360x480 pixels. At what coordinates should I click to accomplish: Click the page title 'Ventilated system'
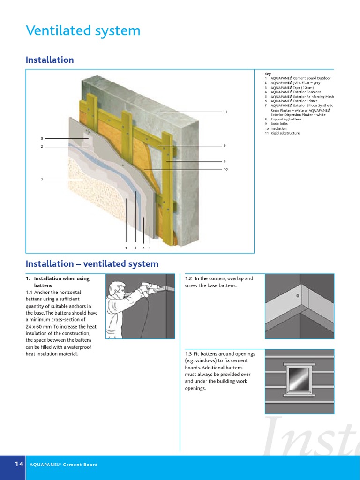point(83,31)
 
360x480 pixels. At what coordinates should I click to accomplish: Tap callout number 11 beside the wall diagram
point(225,112)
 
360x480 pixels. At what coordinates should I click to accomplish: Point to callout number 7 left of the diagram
point(42,180)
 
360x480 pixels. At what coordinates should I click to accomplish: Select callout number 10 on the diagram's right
point(225,169)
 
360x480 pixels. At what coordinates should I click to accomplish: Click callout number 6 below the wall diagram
point(126,247)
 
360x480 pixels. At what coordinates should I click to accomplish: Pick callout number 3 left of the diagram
point(42,138)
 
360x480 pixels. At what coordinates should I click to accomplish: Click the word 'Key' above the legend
point(268,74)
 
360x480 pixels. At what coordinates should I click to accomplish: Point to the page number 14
point(19,464)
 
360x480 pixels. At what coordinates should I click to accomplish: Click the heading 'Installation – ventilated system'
point(92,264)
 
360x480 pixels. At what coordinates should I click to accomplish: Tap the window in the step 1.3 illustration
point(299,380)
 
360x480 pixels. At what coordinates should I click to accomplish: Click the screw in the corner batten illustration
point(297,296)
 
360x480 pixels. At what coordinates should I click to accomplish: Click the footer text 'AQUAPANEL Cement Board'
point(64,465)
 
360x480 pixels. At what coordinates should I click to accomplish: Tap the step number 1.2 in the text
point(188,278)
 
